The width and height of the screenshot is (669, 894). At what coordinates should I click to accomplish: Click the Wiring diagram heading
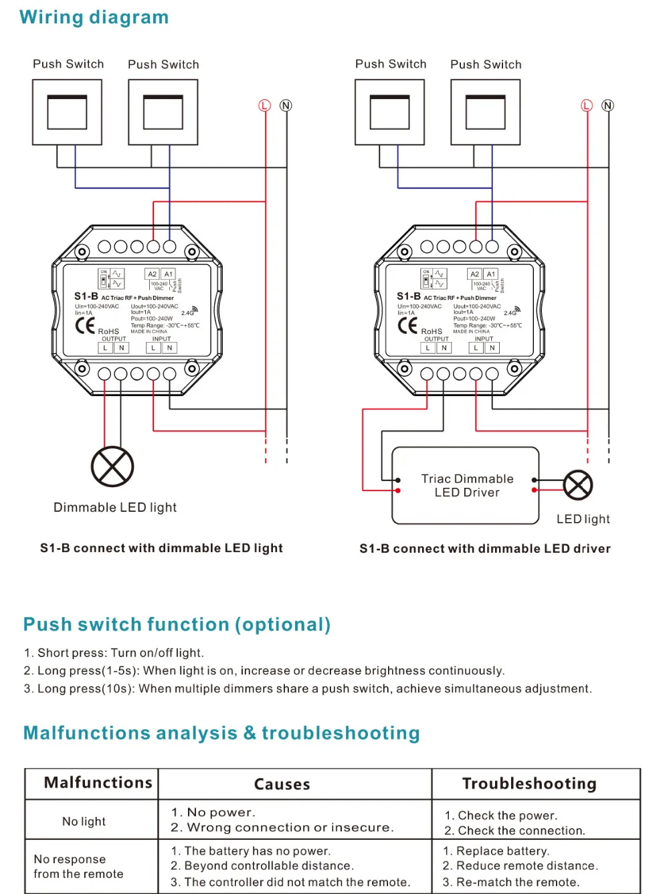[x=94, y=17]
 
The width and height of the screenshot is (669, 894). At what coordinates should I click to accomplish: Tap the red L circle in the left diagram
[x=264, y=106]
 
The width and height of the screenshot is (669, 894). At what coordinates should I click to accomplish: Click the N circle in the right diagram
[x=607, y=106]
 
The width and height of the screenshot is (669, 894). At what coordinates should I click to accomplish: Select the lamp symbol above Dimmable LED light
[x=112, y=466]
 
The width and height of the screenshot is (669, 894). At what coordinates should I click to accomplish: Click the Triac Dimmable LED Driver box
[x=466, y=486]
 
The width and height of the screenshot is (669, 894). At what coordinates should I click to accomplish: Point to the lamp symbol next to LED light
[x=578, y=485]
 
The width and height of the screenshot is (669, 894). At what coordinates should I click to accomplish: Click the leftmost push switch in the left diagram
[x=67, y=112]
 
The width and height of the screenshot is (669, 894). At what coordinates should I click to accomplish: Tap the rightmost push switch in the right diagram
[x=486, y=112]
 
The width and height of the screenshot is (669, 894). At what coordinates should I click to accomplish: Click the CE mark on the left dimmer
[x=85, y=326]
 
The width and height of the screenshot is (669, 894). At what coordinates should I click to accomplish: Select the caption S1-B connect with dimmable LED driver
[x=485, y=549]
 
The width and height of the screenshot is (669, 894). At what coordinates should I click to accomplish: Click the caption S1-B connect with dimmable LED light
[x=161, y=548]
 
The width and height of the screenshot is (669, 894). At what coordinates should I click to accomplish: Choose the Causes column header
[x=282, y=784]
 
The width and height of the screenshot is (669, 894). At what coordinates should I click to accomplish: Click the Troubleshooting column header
[x=529, y=784]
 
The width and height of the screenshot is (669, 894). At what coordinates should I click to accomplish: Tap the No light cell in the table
[x=84, y=821]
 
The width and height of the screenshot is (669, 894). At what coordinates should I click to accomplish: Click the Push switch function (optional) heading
[x=177, y=624]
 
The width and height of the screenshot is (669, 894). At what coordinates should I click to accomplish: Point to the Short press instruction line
[x=114, y=653]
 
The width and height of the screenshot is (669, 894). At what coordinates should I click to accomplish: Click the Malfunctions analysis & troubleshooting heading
[x=221, y=733]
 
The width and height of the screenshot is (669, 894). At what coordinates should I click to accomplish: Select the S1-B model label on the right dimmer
[x=408, y=296]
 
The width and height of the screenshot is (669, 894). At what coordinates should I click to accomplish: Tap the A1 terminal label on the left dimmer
[x=169, y=274]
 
